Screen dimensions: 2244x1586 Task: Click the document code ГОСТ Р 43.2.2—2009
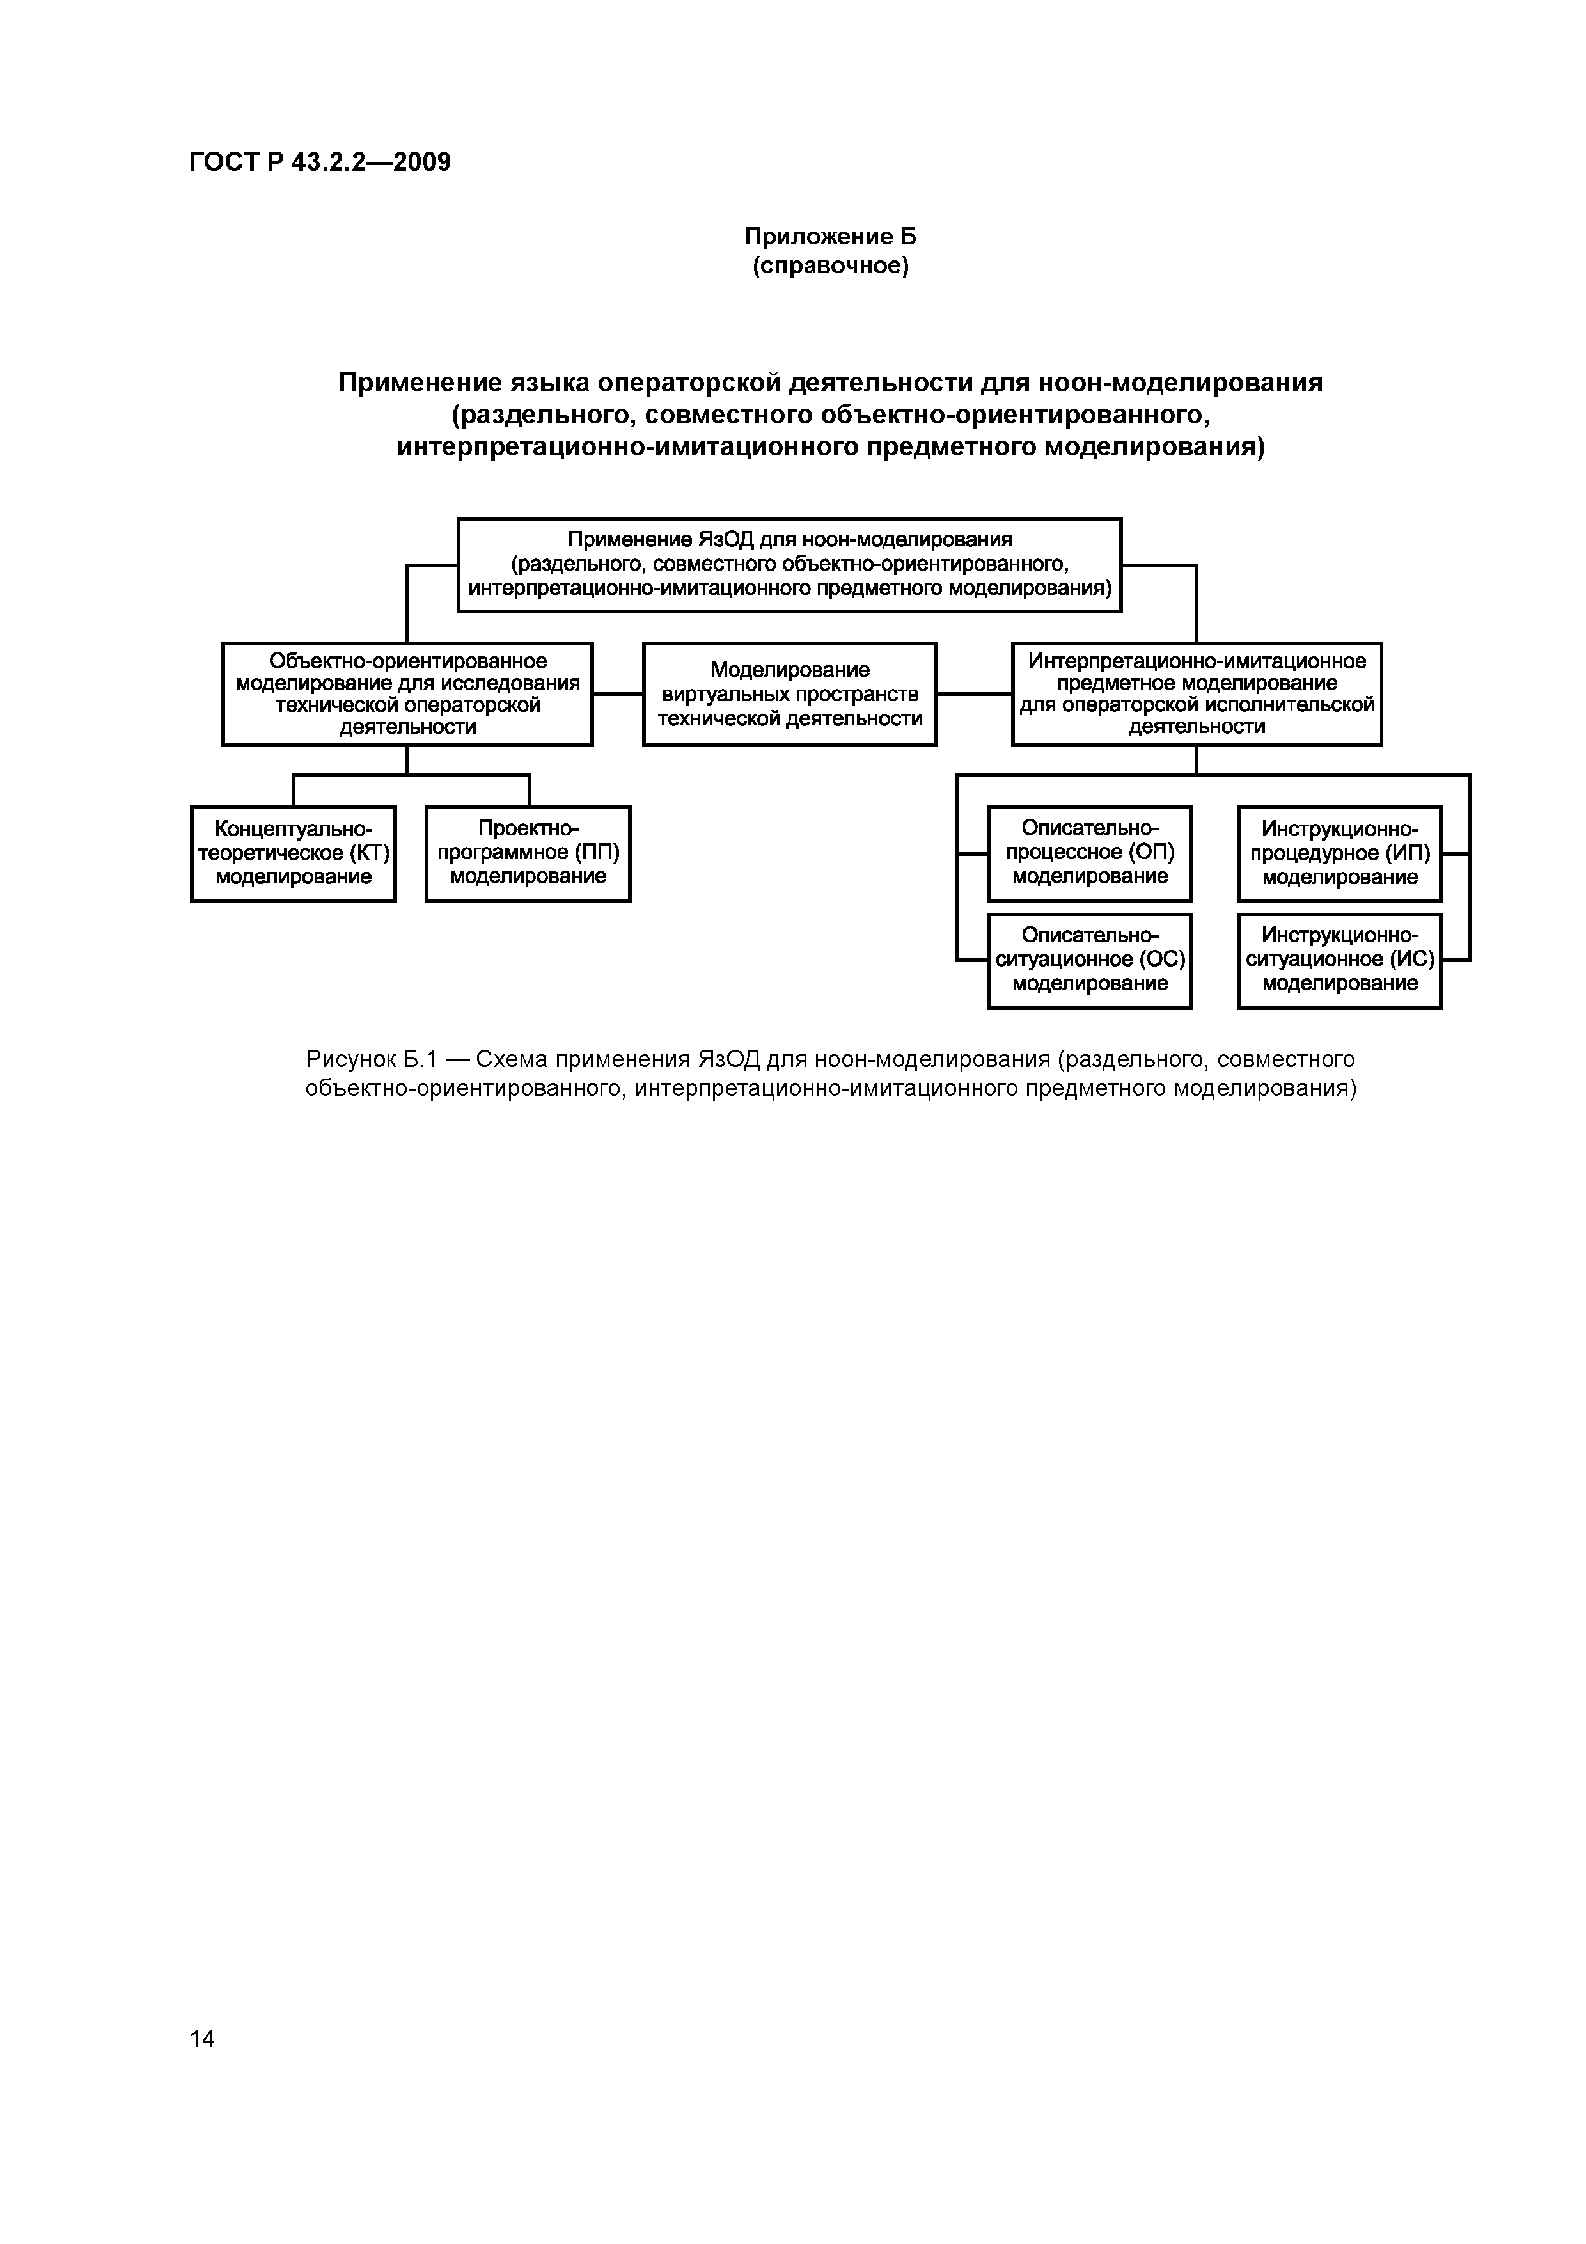[320, 162]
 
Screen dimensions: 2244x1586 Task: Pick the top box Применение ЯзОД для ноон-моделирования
[790, 564]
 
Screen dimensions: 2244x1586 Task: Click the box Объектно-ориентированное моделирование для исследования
[407, 693]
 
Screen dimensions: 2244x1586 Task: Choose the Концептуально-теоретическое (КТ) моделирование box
[293, 853]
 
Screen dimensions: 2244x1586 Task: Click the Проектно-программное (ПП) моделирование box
[528, 853]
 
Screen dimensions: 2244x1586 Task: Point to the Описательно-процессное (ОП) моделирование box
[1090, 853]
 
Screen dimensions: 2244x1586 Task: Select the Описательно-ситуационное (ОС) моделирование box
[1090, 960]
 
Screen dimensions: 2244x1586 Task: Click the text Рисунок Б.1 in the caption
[370, 1059]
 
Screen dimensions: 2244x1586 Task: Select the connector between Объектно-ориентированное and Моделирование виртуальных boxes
[618, 694]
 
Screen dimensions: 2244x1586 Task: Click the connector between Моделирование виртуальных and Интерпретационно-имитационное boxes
[973, 694]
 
